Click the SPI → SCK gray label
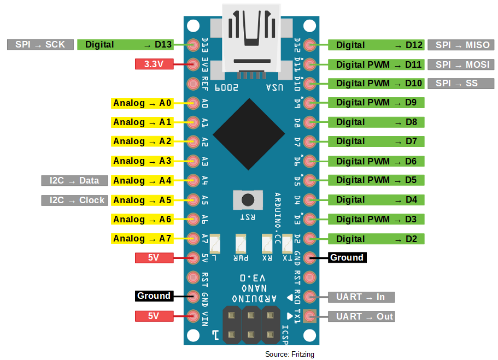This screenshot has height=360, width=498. tap(40, 45)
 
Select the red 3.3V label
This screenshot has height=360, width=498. tap(154, 64)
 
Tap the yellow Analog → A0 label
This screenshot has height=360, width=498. tap(142, 103)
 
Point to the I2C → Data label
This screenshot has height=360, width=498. tap(74, 181)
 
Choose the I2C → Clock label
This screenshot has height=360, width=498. tap(74, 200)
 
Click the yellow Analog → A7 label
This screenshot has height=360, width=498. tap(142, 239)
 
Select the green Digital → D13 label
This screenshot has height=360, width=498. tap(125, 45)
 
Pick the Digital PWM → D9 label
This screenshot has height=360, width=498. tap(376, 103)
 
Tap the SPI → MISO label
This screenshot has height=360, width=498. tap(462, 45)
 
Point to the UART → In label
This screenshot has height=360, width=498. tap(361, 297)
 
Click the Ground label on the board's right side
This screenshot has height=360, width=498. tap(347, 257)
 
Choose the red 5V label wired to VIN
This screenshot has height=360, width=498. tap(154, 316)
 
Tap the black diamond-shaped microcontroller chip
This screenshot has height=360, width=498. tap(248, 134)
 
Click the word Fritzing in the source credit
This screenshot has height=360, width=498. tap(302, 355)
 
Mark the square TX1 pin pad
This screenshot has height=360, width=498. tap(310, 316)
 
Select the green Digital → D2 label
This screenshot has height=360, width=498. tap(376, 239)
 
